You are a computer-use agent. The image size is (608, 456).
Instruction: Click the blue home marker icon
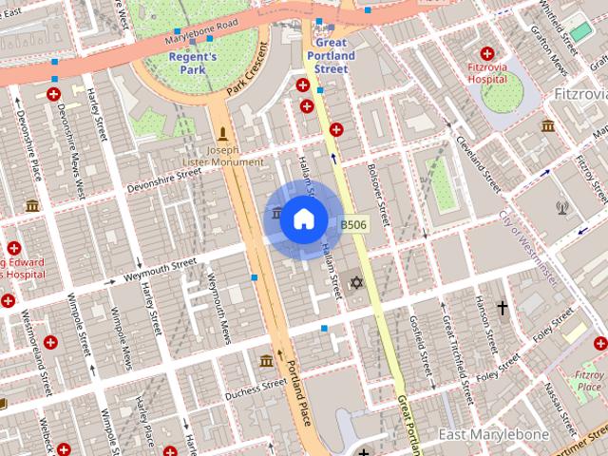(303, 219)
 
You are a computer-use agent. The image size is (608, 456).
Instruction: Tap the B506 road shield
(353, 225)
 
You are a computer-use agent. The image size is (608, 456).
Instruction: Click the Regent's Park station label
(192, 63)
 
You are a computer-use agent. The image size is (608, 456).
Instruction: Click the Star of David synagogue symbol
(357, 282)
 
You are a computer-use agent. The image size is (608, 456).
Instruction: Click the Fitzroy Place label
(589, 381)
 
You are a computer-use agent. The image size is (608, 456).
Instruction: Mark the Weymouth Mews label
(218, 309)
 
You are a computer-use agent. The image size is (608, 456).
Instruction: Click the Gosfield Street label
(422, 342)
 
